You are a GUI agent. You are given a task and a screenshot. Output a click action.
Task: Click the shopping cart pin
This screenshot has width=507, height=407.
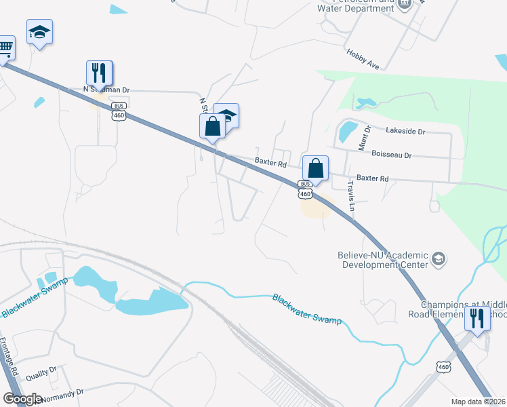[x=4, y=48]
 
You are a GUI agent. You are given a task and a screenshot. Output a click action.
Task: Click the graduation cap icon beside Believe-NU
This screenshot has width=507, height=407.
[x=439, y=258]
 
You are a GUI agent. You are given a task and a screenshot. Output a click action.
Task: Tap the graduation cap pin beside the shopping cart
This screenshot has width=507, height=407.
[x=39, y=32]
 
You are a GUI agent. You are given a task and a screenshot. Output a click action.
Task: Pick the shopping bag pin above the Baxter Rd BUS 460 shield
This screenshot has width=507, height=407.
[x=315, y=168]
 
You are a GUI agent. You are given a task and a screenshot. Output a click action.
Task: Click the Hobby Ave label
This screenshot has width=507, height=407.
[x=362, y=58]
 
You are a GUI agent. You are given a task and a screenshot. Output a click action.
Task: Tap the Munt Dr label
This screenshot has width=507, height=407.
[x=366, y=138]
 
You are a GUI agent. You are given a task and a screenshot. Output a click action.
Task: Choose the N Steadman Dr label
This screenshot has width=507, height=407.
[x=106, y=90]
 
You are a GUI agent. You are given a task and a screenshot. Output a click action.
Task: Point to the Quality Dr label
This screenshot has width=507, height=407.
[x=41, y=374]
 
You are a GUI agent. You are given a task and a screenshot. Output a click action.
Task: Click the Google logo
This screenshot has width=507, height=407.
[x=22, y=399]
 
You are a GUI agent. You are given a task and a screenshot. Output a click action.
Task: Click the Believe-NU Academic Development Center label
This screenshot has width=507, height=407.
[x=383, y=260]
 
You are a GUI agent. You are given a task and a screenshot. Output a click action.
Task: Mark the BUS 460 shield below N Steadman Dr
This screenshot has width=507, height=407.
[x=119, y=112]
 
